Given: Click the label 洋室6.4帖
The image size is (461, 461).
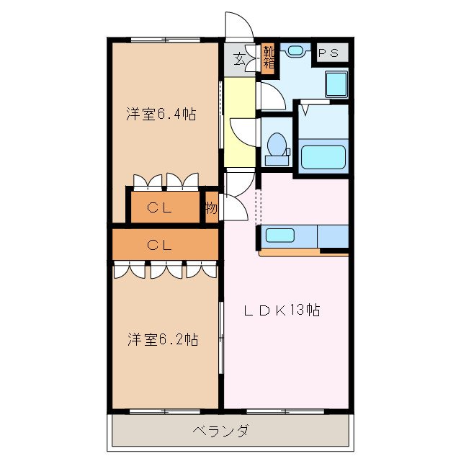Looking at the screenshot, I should coord(162,114).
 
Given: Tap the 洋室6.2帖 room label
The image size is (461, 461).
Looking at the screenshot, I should coord(164,339).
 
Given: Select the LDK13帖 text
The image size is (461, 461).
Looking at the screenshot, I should coord(281,310).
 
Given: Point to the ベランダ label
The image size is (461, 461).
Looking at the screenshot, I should coord(221,431).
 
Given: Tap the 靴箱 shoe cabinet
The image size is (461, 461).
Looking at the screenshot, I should coord(268,57).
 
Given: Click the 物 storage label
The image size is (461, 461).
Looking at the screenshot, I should coord(210,209).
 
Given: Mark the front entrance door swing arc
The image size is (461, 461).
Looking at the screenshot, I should coord(239,27).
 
